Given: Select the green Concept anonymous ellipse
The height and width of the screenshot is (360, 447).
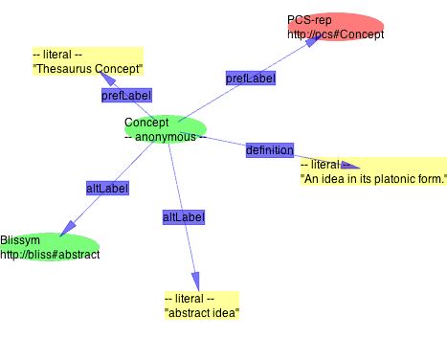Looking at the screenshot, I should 166,128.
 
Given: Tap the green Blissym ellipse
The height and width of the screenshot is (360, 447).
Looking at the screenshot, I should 50,247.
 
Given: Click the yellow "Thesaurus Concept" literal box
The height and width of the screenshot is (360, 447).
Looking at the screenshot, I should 87,62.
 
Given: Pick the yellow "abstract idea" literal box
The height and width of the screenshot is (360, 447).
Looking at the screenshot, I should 201,305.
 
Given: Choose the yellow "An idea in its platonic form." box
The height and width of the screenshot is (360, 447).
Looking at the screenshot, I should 372,171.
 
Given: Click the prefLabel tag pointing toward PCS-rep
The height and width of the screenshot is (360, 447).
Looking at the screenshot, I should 251,78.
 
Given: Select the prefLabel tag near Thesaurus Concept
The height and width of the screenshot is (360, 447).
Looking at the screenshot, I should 126,96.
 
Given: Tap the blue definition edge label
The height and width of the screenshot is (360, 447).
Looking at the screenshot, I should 269,149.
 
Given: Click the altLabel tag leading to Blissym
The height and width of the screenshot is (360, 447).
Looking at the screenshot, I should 107,189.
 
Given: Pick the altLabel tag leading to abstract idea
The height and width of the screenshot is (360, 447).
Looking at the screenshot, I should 183,217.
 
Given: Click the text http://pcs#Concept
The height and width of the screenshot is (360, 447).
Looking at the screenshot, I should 335,34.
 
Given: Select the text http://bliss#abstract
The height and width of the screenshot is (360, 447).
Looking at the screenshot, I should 50,255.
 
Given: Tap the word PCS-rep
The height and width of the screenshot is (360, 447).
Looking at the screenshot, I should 309,20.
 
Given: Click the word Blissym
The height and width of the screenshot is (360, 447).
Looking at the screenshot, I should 20,240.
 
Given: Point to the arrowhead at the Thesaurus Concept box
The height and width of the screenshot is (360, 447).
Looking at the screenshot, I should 107,79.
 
